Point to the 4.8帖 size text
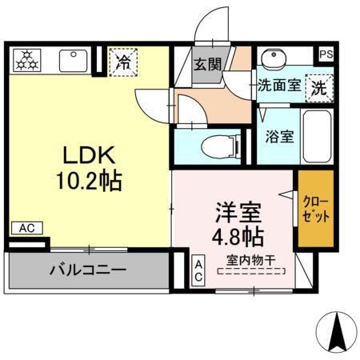coord(238,237)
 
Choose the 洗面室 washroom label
coord(278,86)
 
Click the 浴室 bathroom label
coord(279,136)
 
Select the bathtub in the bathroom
coord(318,137)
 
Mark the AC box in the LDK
coord(26,229)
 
